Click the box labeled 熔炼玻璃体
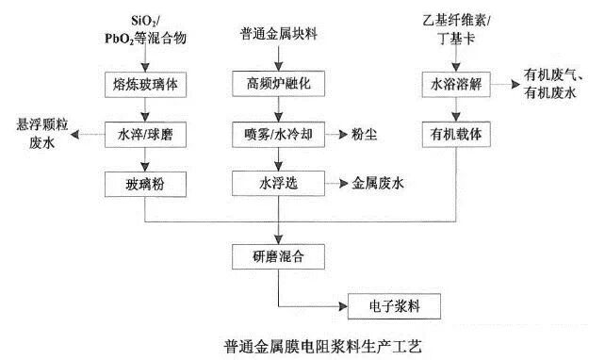click(144, 82)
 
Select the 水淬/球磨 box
click(144, 133)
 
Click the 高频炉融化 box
click(278, 82)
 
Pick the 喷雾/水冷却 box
click(278, 133)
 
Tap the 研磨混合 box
click(278, 255)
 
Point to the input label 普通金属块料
click(278, 34)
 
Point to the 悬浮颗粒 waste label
click(39, 124)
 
